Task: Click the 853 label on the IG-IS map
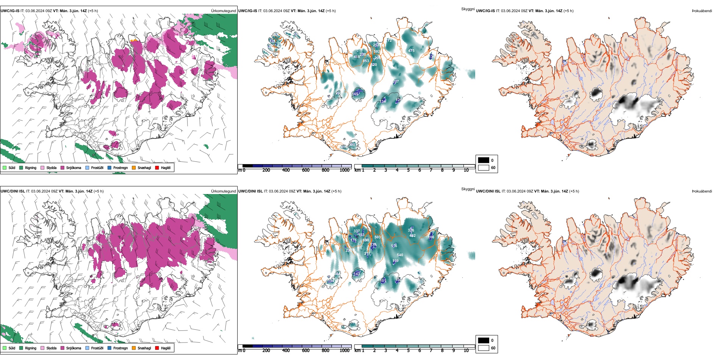[366, 61]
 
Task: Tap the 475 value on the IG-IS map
[411, 51]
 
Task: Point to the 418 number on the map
[357, 57]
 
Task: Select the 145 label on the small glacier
[355, 94]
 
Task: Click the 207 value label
[396, 81]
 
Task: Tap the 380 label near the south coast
[352, 144]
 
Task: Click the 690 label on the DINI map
[366, 240]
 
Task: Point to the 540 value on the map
[400, 255]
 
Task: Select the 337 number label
[357, 231]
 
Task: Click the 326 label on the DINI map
[411, 230]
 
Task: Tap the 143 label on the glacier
[357, 274]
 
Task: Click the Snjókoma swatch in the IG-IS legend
[63, 167]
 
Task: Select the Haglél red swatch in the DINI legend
[157, 348]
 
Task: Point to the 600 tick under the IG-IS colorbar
[306, 171]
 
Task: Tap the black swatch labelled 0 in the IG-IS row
[484, 160]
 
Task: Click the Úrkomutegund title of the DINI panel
[223, 191]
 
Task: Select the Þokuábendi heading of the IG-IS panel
[702, 11]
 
